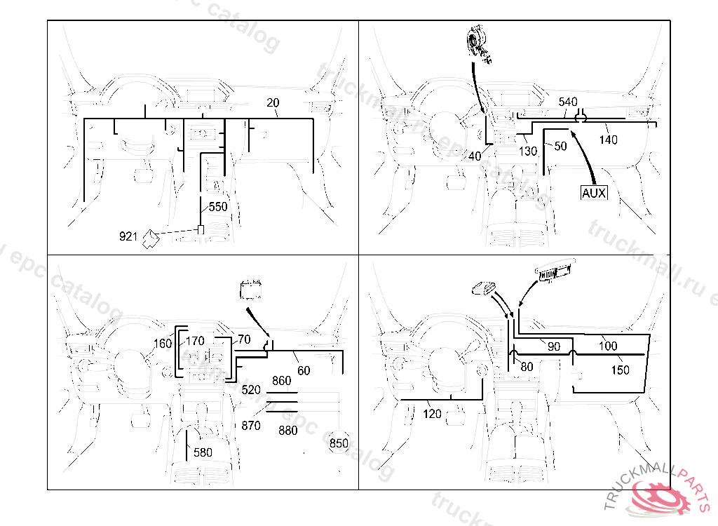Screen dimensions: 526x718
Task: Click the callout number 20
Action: coord(273,103)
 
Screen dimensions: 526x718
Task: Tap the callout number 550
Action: coord(218,207)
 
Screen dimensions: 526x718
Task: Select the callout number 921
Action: coord(128,236)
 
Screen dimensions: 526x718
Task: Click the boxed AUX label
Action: coord(593,192)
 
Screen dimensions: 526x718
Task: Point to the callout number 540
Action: coord(568,102)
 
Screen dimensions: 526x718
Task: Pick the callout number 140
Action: coord(608,140)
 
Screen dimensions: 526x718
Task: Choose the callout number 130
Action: coord(528,151)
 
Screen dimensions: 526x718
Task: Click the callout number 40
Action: coord(475,156)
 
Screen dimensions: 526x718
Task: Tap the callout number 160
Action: coord(162,344)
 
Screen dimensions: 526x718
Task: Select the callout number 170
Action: coord(195,342)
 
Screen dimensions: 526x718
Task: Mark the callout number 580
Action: coord(203,452)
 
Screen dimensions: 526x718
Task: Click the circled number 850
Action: coord(339,443)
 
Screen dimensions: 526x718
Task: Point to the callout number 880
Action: coord(287,431)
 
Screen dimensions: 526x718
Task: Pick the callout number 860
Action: coord(281,381)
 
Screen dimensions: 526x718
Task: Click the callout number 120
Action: coord(433,414)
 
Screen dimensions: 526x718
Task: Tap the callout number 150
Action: coord(620,370)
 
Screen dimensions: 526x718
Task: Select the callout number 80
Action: coord(527,366)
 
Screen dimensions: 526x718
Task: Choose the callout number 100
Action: coord(608,346)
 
